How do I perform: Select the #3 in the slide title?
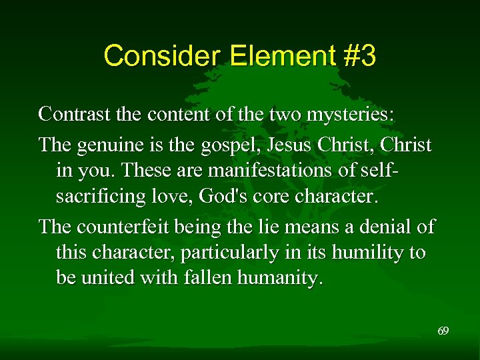click(x=360, y=56)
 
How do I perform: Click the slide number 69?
click(x=443, y=331)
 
